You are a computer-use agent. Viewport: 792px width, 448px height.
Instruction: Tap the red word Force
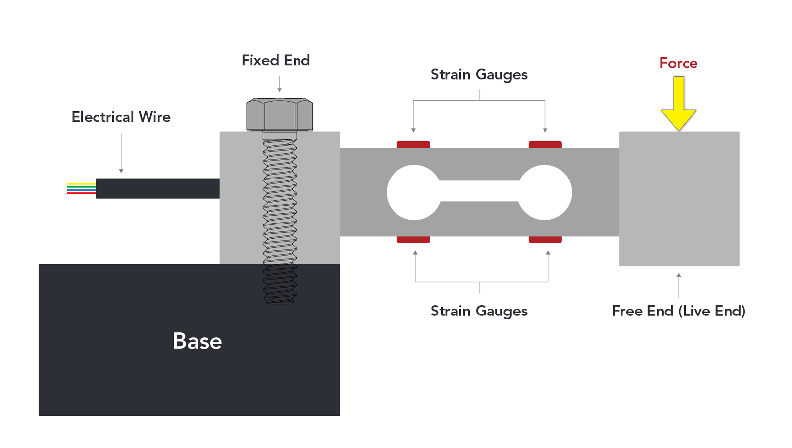click(678, 63)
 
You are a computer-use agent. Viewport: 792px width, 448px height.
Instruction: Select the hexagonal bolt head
click(280, 115)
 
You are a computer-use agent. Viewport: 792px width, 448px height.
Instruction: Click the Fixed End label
click(276, 60)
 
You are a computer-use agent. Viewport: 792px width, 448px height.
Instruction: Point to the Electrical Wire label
click(121, 117)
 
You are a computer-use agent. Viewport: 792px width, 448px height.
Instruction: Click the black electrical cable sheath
click(157, 188)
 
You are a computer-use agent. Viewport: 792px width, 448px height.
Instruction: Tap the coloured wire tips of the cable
click(81, 188)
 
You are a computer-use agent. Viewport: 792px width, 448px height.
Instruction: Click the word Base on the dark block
click(197, 341)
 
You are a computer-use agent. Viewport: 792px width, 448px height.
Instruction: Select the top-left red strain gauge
click(413, 145)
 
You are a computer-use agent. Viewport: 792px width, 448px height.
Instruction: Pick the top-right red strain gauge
click(545, 145)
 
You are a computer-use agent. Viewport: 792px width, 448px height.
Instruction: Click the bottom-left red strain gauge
click(413, 240)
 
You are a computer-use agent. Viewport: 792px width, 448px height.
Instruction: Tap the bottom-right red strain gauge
click(545, 240)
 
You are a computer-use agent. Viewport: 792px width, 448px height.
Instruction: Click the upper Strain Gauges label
click(479, 74)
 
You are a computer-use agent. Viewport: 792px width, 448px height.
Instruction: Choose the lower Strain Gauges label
click(479, 311)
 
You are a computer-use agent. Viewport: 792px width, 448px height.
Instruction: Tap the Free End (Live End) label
click(678, 311)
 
